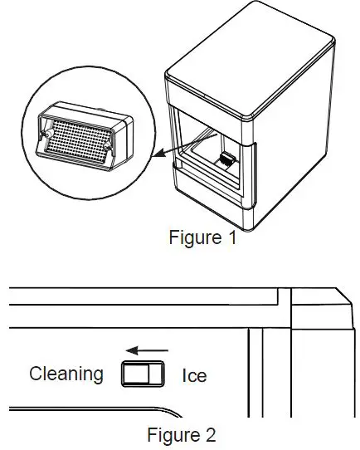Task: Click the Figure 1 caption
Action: tap(202, 238)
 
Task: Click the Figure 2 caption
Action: tap(182, 434)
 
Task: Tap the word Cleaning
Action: tap(66, 374)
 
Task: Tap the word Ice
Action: tap(194, 375)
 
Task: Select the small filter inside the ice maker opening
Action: tap(226, 159)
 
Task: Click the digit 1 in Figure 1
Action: tap(231, 238)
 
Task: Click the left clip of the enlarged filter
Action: tap(46, 137)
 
